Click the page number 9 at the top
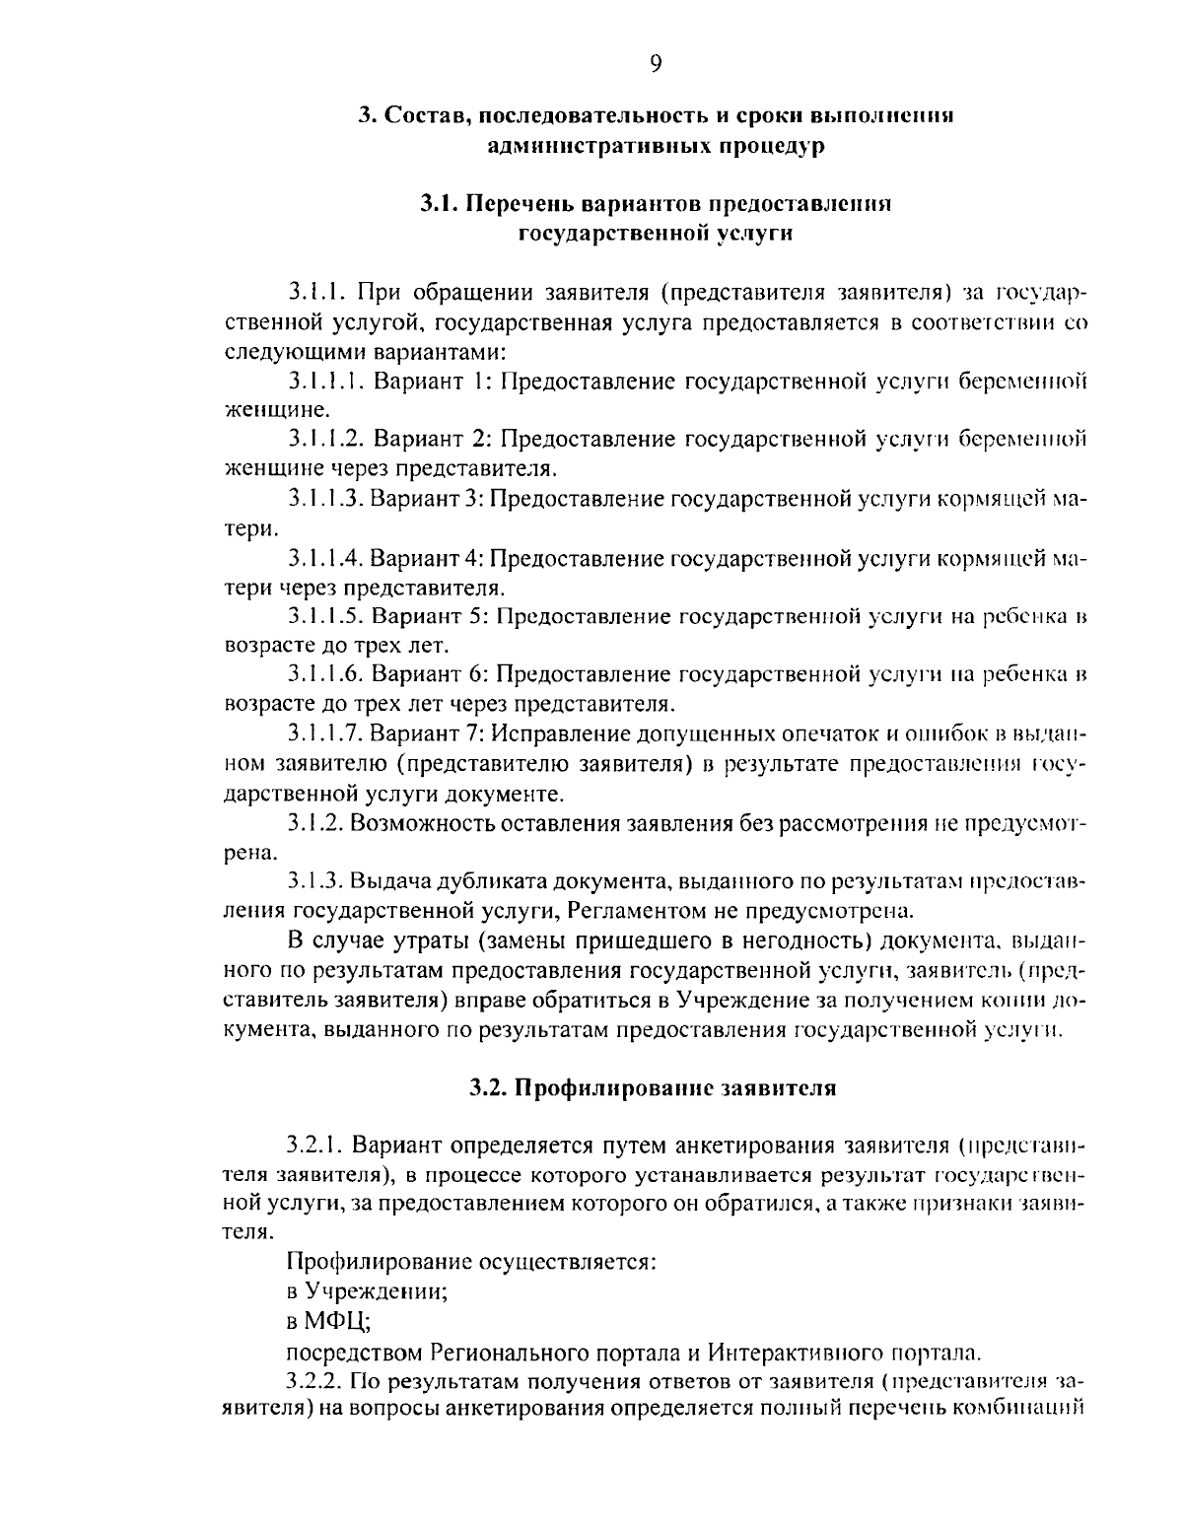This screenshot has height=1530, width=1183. click(x=657, y=64)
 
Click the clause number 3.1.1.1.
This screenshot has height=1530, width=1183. click(x=327, y=382)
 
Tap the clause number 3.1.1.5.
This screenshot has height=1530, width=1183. click(x=327, y=617)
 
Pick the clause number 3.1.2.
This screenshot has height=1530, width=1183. click(x=316, y=822)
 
